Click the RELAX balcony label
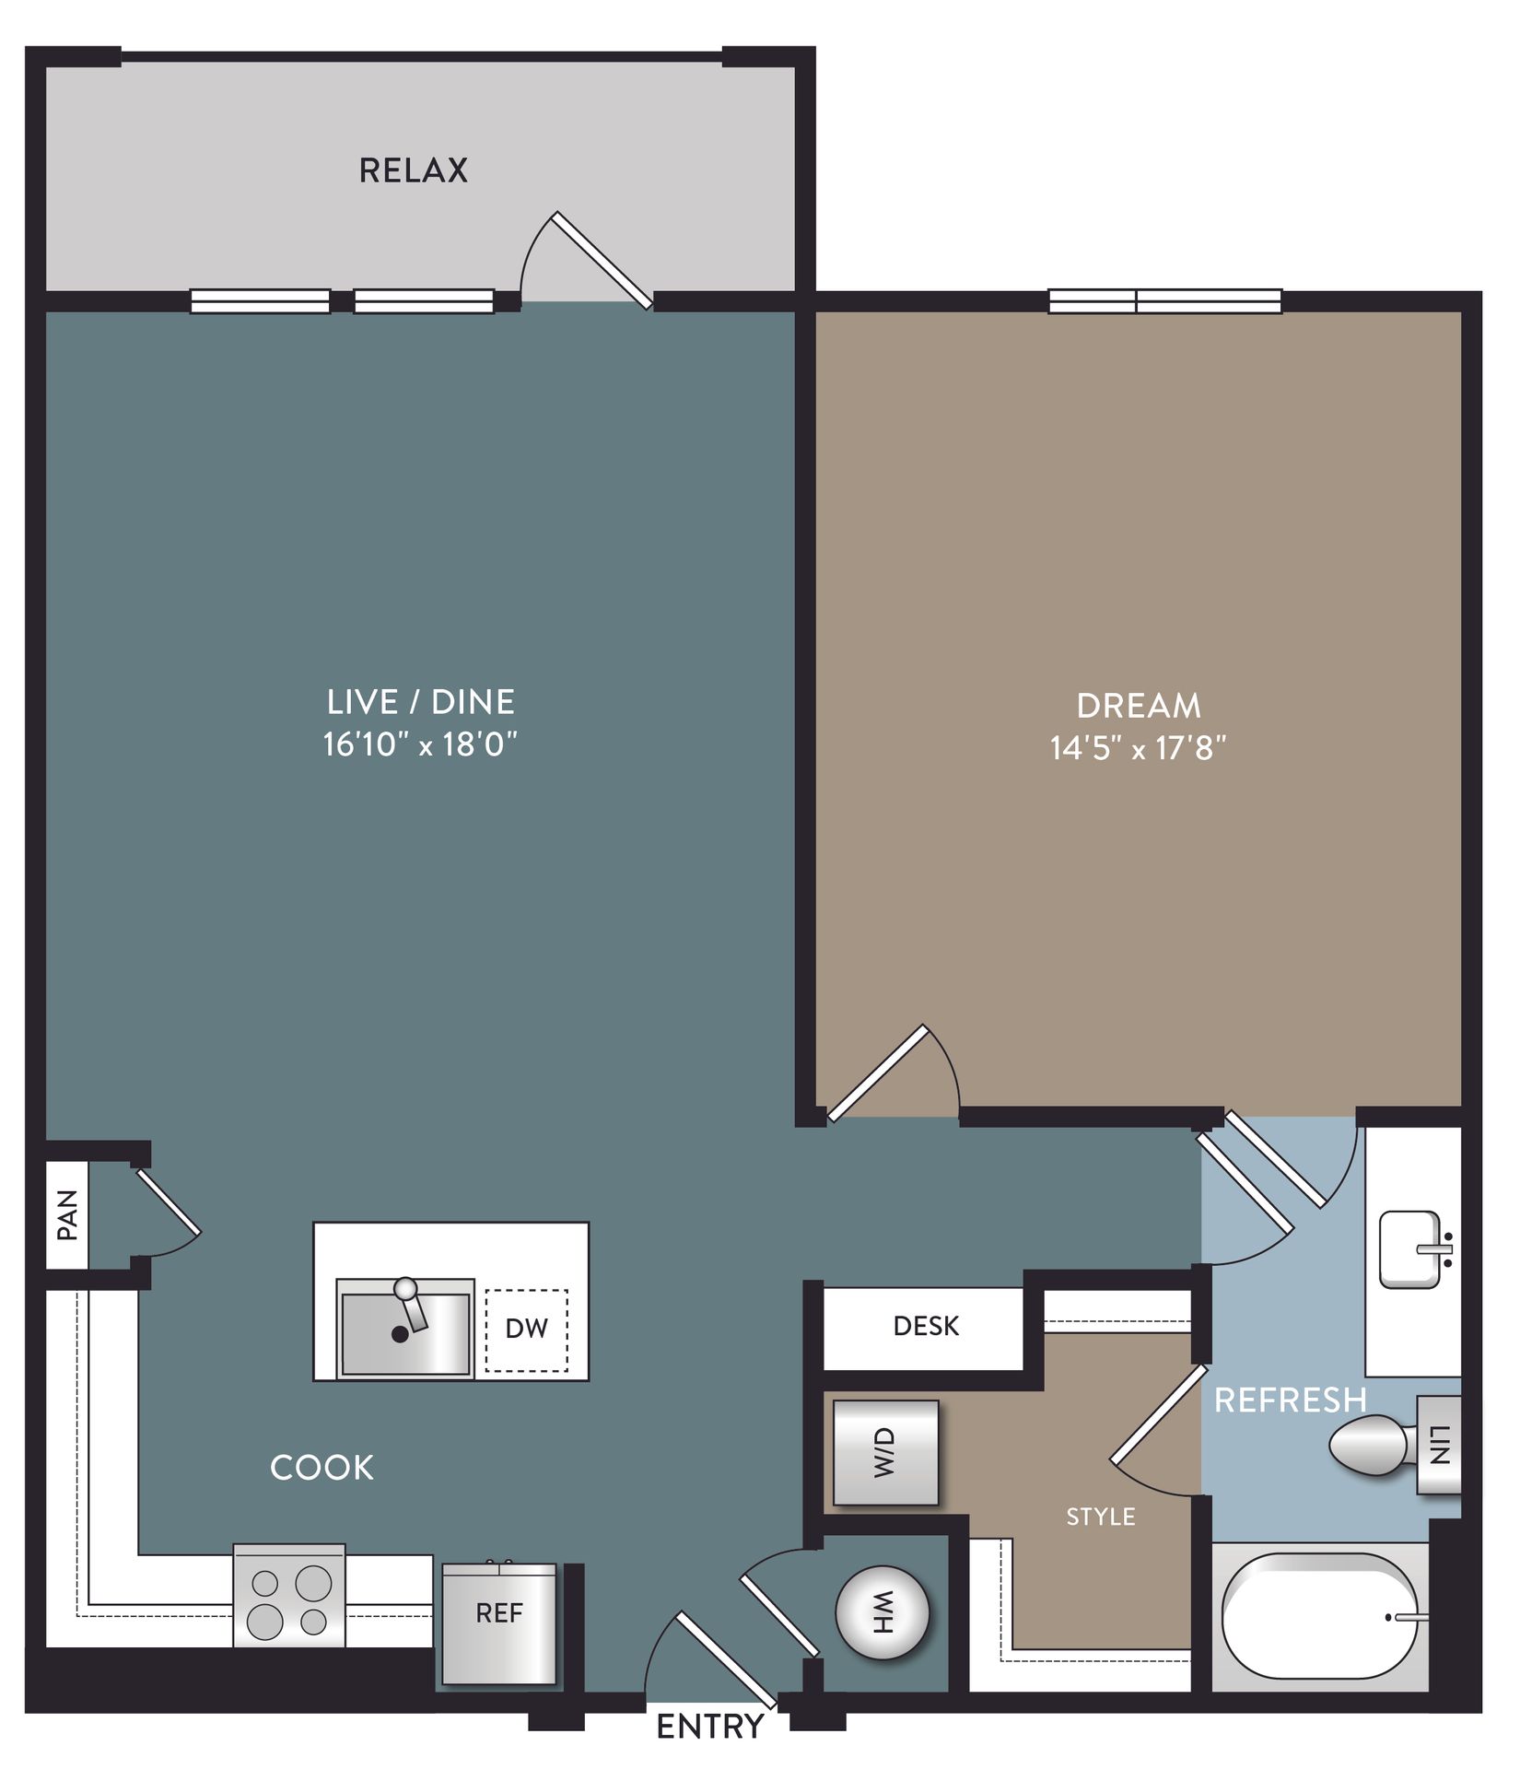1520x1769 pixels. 413,170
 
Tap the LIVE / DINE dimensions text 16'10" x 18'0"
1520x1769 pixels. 420,744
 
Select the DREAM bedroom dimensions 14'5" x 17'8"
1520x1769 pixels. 1138,748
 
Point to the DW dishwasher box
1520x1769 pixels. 526,1329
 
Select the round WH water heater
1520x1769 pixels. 882,1614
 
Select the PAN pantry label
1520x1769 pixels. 67,1214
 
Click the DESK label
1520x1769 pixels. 925,1327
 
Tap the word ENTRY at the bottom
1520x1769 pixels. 709,1726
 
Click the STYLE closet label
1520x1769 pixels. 1100,1517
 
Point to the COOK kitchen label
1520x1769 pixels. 322,1468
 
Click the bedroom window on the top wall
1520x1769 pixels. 1164,301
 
